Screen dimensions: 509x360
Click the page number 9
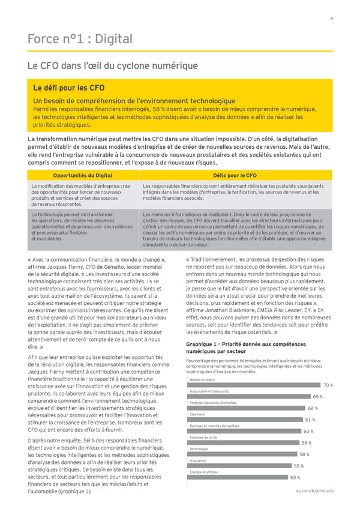332,17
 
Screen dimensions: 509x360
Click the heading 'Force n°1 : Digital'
80,40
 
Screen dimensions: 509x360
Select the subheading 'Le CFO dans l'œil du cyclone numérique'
112,66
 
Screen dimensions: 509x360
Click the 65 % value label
317,397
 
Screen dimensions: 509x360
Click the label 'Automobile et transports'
208,391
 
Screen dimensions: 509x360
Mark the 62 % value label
312,408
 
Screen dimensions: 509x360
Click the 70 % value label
328,385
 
